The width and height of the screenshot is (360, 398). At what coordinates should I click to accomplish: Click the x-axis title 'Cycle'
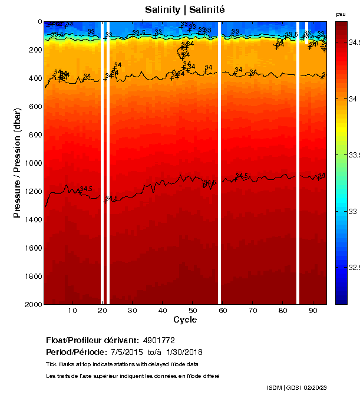185,320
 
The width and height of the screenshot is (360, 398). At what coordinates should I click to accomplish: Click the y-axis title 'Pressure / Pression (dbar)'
18,163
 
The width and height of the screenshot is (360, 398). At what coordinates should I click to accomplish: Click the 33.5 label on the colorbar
352,154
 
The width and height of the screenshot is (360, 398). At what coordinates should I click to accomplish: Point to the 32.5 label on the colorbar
352,267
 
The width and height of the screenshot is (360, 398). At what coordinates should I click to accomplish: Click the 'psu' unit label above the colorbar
341,14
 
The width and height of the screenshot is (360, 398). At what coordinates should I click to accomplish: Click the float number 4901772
158,341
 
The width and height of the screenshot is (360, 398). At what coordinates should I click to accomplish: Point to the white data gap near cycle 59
220,163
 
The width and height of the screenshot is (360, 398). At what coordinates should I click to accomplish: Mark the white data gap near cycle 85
298,163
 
